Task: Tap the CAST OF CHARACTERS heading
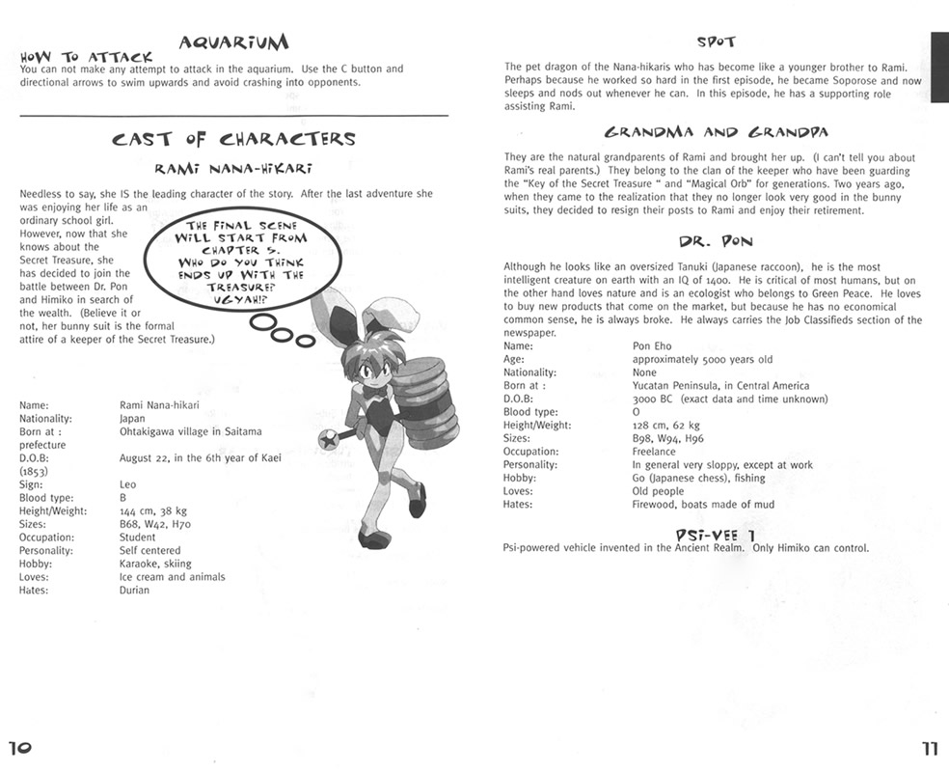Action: point(233,139)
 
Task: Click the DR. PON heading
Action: point(715,242)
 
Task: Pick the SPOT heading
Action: point(715,42)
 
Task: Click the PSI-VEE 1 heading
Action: point(715,533)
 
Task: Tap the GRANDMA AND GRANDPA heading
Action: point(715,132)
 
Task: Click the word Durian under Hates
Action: point(134,590)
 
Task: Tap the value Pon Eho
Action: point(652,345)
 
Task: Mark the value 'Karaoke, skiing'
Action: point(155,564)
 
